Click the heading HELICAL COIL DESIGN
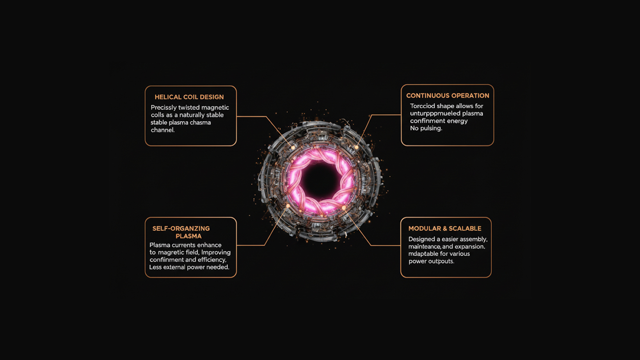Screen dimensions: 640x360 pos(189,97)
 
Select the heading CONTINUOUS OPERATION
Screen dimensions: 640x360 pos(447,96)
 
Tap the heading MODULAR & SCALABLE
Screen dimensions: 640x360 pos(445,229)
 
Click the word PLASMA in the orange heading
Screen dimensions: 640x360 pos(189,236)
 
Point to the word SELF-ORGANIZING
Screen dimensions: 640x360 pos(181,229)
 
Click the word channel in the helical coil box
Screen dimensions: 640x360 pos(163,130)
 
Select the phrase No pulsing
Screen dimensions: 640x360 pos(426,128)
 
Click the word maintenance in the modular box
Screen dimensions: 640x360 pos(424,247)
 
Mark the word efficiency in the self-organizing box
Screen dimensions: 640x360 pos(212,260)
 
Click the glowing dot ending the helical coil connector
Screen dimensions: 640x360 pos(293,147)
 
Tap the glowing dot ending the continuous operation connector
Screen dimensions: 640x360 pos(356,147)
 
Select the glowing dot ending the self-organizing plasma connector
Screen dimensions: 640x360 pos(288,206)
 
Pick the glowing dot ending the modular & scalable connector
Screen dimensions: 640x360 pos(344,208)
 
